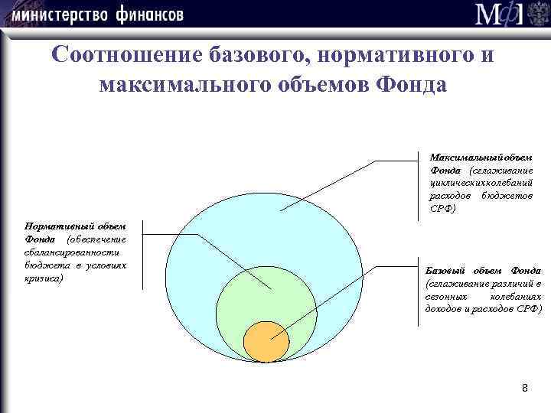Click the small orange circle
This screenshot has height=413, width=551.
click(266, 341)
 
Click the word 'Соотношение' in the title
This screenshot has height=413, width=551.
click(127, 55)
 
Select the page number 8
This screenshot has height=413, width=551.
click(524, 389)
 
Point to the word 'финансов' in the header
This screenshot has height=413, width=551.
click(151, 15)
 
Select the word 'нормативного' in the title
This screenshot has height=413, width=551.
click(398, 55)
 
